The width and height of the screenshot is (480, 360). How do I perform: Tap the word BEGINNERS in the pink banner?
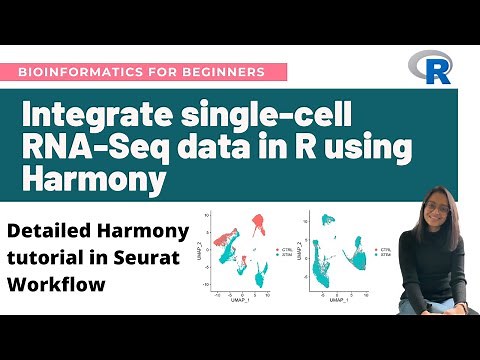point(226,72)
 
